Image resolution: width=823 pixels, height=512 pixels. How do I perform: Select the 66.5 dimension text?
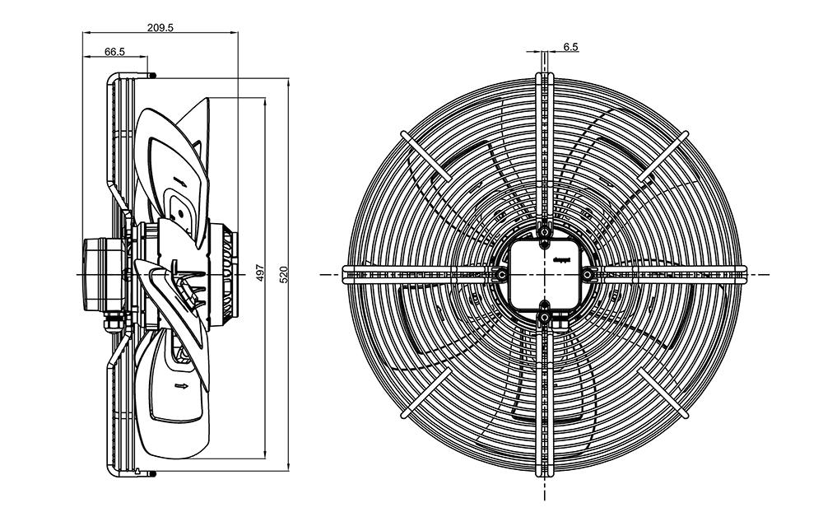tap(114, 51)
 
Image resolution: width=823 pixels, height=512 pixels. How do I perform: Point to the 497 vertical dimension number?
tap(260, 273)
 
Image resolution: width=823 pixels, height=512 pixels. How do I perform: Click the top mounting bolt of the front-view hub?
tap(545, 233)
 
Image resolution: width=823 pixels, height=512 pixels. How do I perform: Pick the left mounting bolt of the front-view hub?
tap(501, 273)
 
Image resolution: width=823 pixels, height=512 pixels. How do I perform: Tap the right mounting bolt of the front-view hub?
tap(587, 273)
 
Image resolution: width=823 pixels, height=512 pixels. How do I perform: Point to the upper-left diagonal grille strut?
tap(424, 154)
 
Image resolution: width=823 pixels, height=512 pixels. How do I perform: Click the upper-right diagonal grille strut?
tap(664, 154)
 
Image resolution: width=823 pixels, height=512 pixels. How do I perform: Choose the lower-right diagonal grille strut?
tap(663, 393)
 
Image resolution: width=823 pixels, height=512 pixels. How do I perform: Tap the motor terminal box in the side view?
tap(102, 272)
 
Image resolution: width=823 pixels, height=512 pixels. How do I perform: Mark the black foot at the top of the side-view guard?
tap(151, 75)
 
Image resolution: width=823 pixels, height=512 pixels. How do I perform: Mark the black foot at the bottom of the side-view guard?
tap(151, 472)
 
